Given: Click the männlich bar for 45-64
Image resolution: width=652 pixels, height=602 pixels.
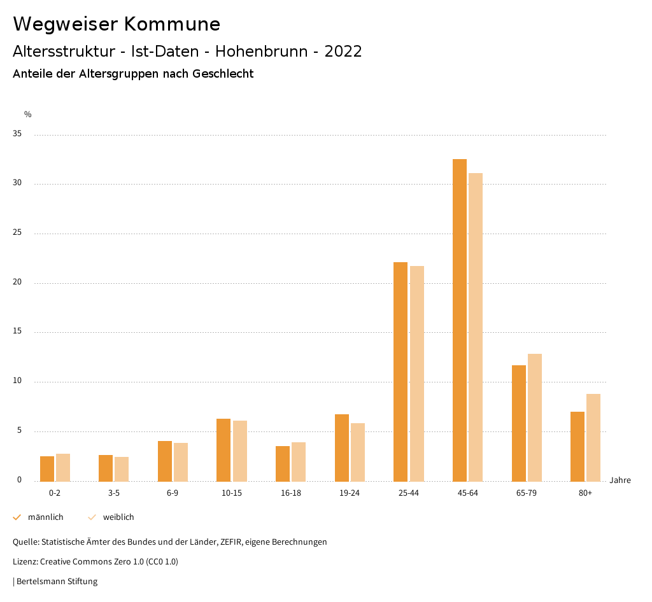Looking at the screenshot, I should tap(460, 320).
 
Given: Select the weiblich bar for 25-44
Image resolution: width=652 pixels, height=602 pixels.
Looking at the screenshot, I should tap(417, 374).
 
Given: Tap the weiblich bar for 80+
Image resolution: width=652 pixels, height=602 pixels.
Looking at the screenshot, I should tap(593, 438).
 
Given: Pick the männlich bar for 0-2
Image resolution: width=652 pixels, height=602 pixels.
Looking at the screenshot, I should tap(47, 469).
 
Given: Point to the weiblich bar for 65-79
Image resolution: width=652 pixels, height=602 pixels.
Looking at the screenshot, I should tap(535, 417).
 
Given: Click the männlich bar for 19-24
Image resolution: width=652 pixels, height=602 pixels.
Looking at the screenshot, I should tap(342, 448).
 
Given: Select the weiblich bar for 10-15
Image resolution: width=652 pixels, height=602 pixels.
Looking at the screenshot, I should tap(240, 451).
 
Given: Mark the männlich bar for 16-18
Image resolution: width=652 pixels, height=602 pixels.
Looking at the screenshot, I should tap(283, 464).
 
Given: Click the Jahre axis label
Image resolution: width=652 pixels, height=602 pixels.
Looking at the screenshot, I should tap(620, 480).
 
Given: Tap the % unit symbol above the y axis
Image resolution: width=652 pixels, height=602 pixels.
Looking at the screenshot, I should tap(28, 115).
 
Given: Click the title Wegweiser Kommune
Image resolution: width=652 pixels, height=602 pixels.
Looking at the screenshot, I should tap(117, 24).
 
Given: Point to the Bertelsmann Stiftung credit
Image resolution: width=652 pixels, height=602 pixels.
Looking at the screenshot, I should tap(57, 582).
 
